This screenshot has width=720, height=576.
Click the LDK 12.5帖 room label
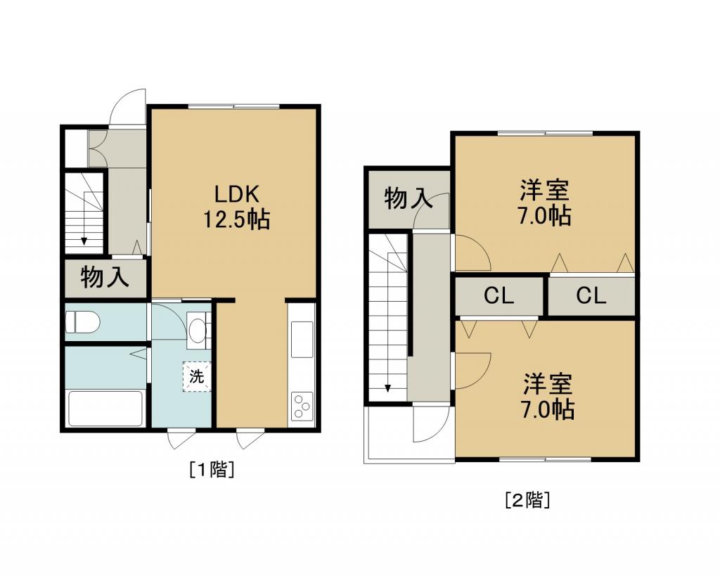236,207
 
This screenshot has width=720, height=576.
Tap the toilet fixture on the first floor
83,321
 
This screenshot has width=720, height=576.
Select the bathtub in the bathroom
105,409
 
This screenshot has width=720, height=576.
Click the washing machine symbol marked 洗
197,377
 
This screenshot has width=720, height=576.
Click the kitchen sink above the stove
302,340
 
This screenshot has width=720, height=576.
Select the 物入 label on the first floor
105,277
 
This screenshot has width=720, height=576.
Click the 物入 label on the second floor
409,198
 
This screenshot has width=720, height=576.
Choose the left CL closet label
499,296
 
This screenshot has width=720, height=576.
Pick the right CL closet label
591,296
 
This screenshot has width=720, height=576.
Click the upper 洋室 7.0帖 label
545,203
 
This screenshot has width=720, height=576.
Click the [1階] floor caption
212,469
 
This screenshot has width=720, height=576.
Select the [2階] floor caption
527,500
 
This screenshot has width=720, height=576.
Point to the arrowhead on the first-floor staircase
84,241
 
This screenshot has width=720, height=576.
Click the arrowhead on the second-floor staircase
388,388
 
